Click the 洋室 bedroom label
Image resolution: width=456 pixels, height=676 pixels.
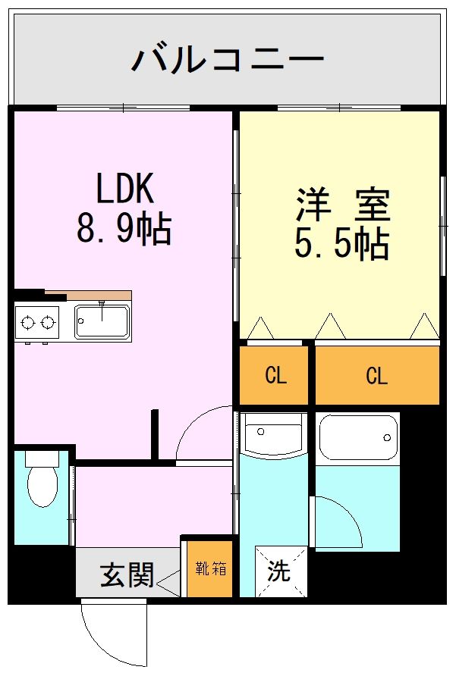343,205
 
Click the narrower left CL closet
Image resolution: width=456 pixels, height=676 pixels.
274,375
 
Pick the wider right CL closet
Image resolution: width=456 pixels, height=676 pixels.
377,375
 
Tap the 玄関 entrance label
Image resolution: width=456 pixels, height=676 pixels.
127,574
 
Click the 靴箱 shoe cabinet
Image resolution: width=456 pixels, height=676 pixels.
210,568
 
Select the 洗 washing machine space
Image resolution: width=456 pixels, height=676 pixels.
281,571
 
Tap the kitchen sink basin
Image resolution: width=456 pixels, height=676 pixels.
102,321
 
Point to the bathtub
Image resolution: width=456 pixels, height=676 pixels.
358,438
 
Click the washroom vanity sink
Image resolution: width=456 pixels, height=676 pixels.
273,434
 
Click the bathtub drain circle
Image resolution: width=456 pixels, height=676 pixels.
387,437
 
